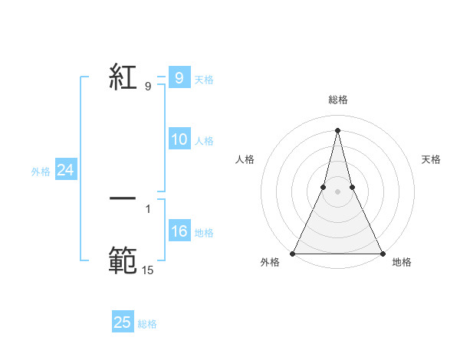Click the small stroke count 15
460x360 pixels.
148,270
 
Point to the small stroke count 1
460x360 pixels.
148,208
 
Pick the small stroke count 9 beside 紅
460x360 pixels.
148,87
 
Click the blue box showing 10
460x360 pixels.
179,139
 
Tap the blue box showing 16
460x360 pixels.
179,231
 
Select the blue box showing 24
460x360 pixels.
66,171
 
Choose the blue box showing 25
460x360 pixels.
123,322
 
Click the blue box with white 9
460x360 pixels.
179,78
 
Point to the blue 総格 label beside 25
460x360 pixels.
147,324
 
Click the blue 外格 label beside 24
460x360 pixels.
41,172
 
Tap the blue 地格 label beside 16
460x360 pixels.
204,233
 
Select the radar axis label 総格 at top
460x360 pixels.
338,100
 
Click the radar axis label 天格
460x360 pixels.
432,159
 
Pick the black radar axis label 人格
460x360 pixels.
245,159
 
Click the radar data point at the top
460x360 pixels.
338,129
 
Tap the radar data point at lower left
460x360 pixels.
294,254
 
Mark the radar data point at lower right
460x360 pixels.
382,254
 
